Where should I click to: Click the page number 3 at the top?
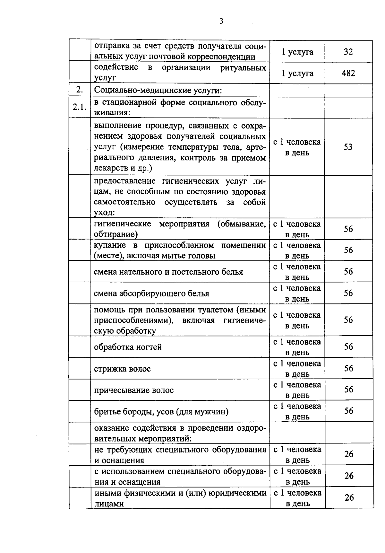(x=221, y=21)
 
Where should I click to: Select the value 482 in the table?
(x=348, y=73)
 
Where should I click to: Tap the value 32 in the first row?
(x=348, y=52)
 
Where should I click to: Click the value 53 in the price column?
(x=348, y=147)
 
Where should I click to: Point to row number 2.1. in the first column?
(x=79, y=107)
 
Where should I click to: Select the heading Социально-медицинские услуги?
(x=158, y=91)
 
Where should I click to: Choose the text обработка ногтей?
(x=128, y=347)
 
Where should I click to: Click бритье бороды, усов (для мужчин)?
(x=161, y=411)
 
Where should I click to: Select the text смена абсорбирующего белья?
(x=151, y=294)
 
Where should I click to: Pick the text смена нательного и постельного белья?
(x=168, y=272)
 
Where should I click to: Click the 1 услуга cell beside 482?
(x=297, y=73)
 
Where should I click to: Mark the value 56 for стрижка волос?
(x=348, y=368)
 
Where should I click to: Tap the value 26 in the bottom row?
(x=349, y=497)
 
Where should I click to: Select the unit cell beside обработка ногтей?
(x=297, y=347)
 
